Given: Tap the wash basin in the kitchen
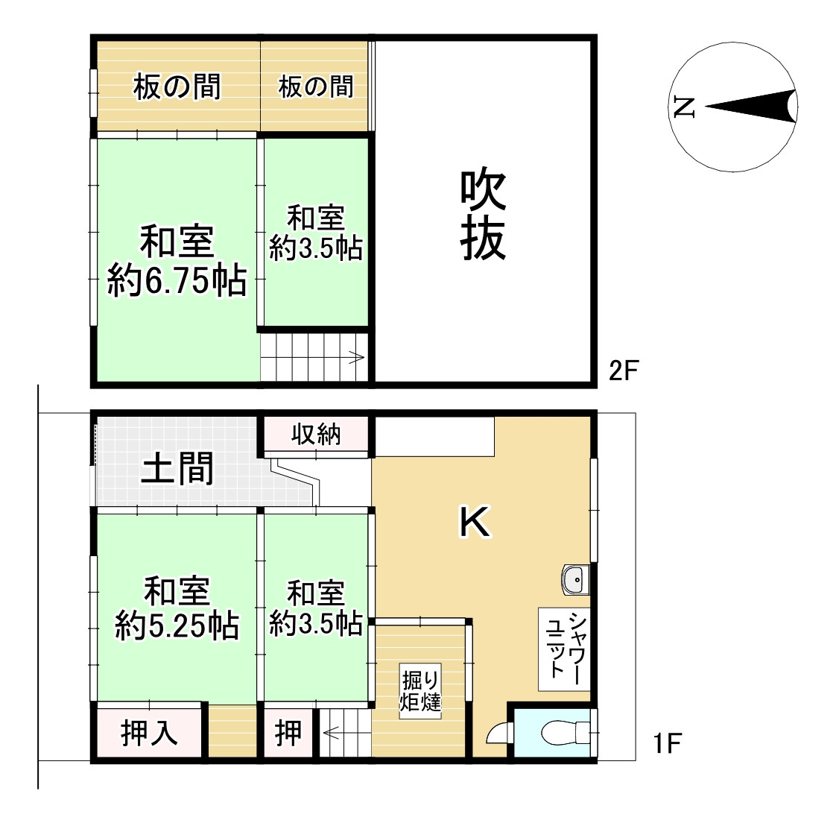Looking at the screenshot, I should tap(574, 579).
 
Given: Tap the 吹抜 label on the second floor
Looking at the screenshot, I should tap(483, 215).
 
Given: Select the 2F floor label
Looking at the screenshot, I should tap(624, 371).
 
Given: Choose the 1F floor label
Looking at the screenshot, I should tap(668, 743).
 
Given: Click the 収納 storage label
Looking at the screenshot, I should tap(317, 433).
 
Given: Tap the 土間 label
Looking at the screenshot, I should tap(177, 469).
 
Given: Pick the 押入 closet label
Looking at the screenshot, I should tap(149, 734).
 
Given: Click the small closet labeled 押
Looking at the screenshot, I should tap(288, 734).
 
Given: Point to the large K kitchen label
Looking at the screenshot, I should tap(474, 523).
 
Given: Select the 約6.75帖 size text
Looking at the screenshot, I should tap(177, 283).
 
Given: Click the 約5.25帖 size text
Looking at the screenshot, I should tap(177, 626).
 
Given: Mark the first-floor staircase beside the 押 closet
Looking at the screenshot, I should tap(345, 734).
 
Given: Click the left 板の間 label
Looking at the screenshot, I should tap(177, 87).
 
